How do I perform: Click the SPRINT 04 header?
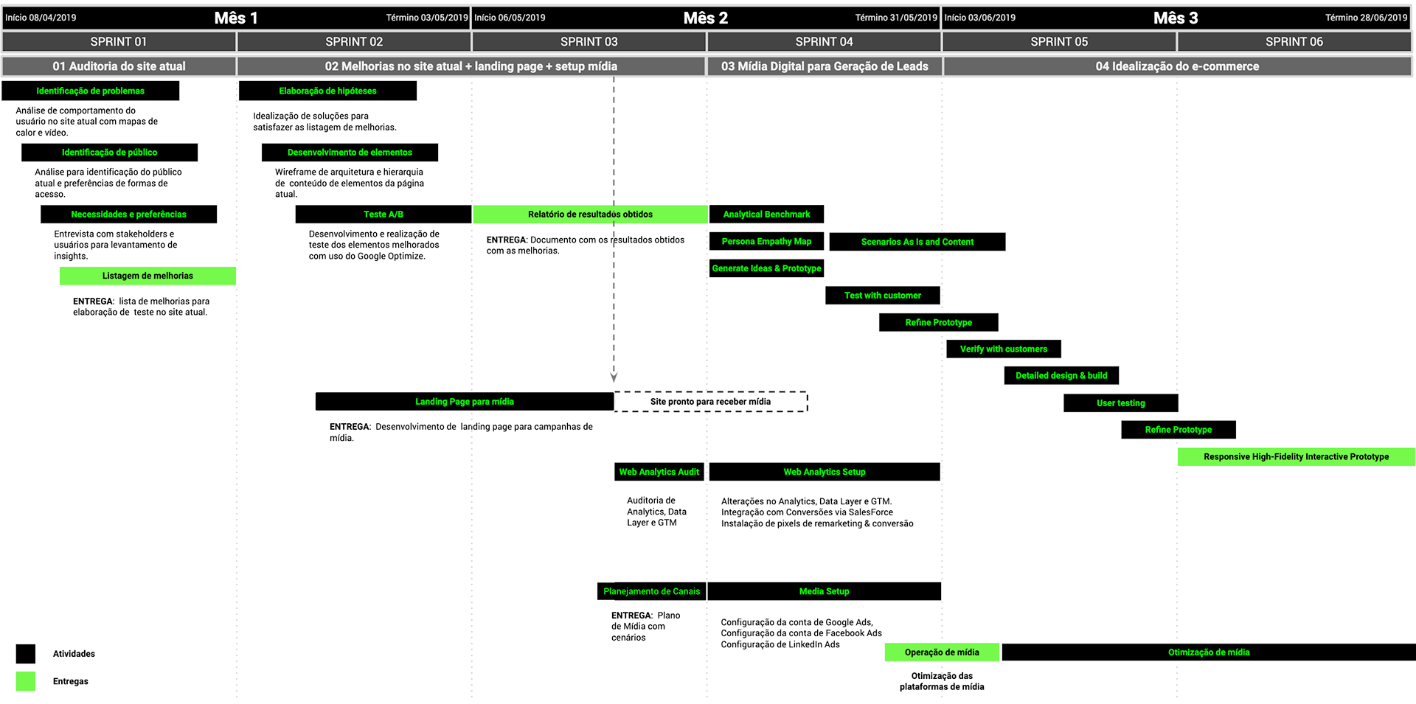pos(824,42)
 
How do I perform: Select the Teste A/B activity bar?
pos(383,215)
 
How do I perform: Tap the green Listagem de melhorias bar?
pos(147,276)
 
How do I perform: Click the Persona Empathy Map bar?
pos(766,242)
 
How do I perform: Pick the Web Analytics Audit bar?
pos(659,472)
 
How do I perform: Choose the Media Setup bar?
pos(824,591)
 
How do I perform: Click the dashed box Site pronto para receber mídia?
pos(710,402)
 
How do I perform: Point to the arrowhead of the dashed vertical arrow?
pos(614,377)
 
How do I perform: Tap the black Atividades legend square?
pos(26,654)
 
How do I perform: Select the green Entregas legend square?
pos(26,681)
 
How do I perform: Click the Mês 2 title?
pos(705,18)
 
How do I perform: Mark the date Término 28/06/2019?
pos(1366,18)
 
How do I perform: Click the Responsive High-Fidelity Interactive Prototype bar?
pos(1296,457)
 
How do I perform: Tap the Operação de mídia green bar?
pos(942,652)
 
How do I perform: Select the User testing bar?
pos(1120,403)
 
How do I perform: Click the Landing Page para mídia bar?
pos(464,402)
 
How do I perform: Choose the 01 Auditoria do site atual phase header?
pos(119,66)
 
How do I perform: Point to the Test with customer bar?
pos(882,296)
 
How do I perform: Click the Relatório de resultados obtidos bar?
pos(590,215)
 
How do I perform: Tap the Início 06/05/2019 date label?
pos(510,18)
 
